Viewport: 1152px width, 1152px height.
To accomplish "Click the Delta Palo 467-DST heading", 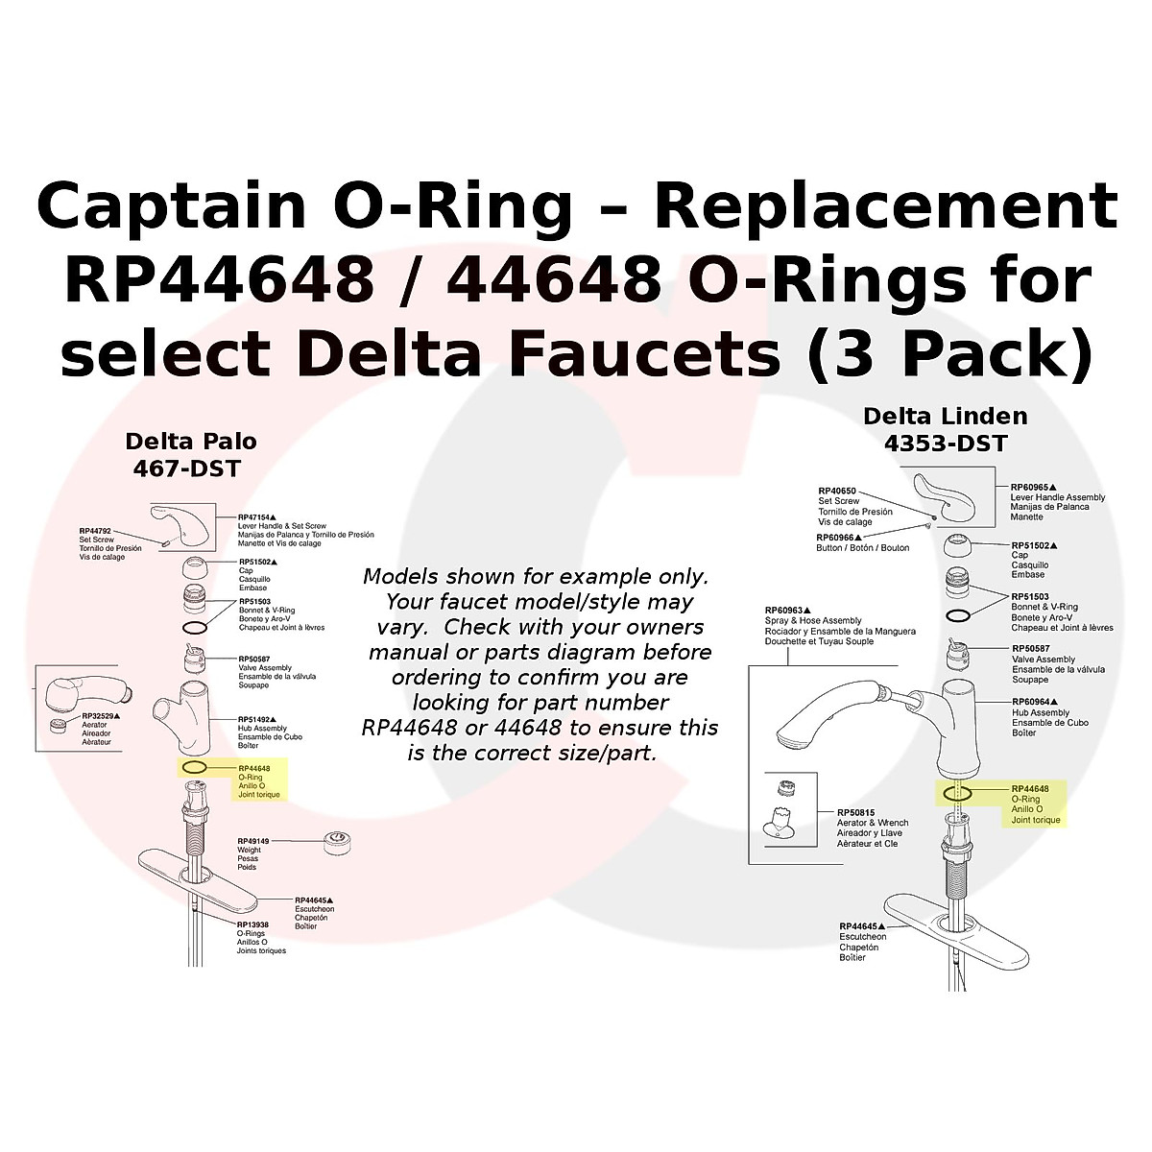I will point(191,455).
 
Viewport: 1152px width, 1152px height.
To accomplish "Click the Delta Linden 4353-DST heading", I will point(946,429).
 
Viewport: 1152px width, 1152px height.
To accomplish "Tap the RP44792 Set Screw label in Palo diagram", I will point(109,543).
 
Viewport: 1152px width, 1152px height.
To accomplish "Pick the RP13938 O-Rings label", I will point(261,937).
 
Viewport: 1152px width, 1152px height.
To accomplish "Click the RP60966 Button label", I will point(862,542).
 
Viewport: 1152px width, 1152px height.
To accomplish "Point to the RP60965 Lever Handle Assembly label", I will point(1057,502).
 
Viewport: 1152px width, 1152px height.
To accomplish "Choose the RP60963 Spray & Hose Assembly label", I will point(840,625).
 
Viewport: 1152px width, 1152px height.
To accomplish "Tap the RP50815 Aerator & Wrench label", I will point(872,828).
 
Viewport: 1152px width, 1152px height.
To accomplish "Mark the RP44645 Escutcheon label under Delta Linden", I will point(863,942).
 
